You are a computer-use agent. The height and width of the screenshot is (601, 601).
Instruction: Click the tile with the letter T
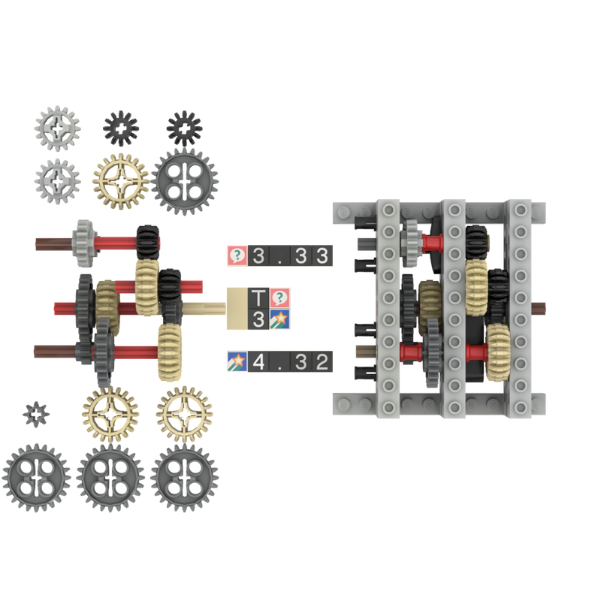point(258,298)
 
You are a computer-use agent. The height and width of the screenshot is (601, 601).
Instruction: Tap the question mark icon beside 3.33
point(237,255)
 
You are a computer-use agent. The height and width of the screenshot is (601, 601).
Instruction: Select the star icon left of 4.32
point(237,361)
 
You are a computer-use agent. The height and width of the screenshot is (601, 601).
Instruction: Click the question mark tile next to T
point(280,298)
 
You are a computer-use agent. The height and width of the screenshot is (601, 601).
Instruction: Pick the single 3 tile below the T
point(258,319)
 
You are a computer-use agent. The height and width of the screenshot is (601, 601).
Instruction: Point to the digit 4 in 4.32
point(259,361)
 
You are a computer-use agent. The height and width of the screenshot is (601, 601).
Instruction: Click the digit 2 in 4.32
point(322,361)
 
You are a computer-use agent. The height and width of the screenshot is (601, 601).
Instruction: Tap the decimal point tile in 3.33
point(279,255)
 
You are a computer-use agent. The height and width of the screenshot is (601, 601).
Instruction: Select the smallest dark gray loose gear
point(35,412)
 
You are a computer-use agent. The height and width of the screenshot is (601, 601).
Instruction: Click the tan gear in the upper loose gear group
point(119,180)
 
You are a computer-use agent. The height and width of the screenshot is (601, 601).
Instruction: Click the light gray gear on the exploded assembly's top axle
point(83,242)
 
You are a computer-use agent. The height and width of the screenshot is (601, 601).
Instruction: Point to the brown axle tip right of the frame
point(541,308)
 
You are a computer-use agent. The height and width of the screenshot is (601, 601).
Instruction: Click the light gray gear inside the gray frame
point(412,240)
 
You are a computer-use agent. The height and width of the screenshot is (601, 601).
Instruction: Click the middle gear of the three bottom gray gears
point(111,479)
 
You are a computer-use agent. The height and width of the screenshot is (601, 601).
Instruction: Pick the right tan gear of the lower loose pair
point(184,412)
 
